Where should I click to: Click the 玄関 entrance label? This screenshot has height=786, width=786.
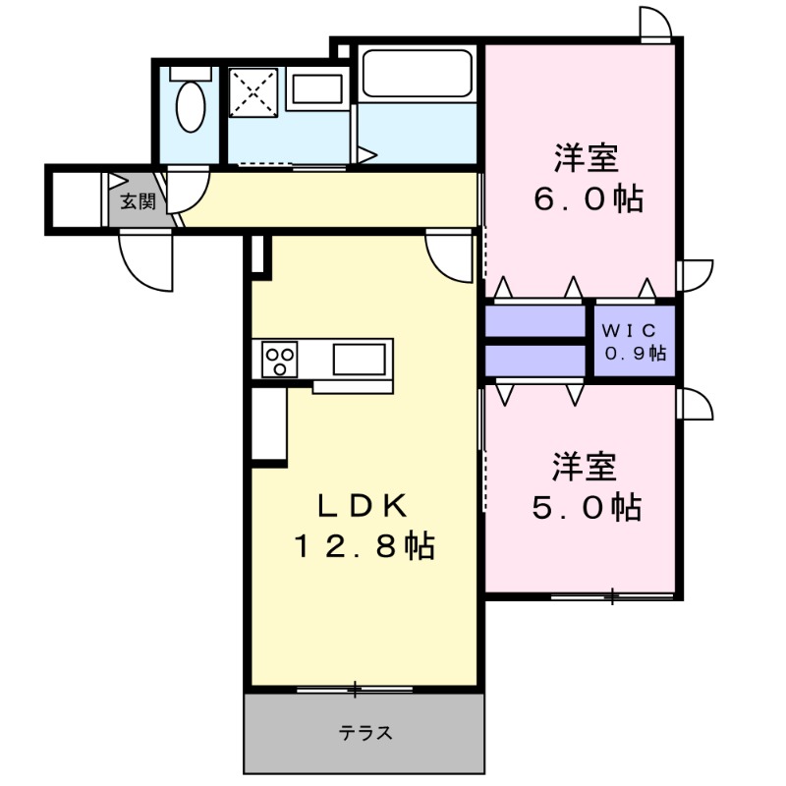pos(139,202)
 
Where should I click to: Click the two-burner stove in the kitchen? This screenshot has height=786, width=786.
pos(279,360)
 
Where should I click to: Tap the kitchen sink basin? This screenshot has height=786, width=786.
pos(359,359)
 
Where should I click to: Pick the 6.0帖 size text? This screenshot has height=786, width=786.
pos(588,199)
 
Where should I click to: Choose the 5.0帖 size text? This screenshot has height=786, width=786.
pos(587,507)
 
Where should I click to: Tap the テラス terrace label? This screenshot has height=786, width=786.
pos(366,732)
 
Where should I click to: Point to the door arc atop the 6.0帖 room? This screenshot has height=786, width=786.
pos(656,22)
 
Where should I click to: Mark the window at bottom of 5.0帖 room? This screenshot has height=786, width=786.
pos(611,596)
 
